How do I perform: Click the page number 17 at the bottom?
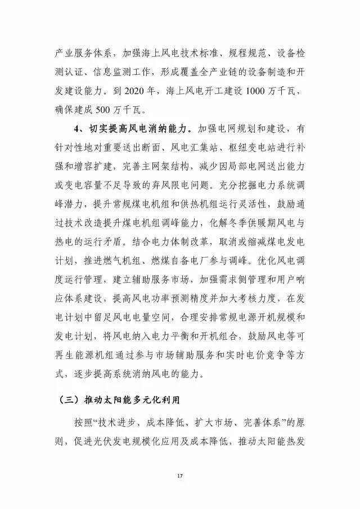[180, 476]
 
